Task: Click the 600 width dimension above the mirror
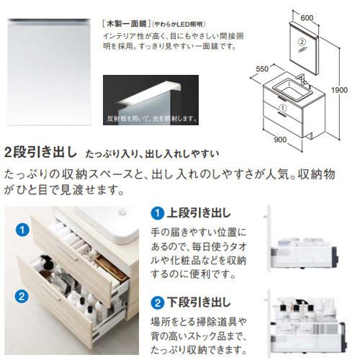tap(307, 18)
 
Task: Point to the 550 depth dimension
tap(262, 69)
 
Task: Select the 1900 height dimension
tap(339, 90)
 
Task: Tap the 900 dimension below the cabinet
tap(280, 140)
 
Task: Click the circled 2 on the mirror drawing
tap(302, 42)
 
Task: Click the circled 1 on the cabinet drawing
tap(283, 108)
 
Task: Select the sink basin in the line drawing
tap(292, 88)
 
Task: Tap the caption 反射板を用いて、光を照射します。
tap(153, 118)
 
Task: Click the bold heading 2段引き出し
tap(40, 153)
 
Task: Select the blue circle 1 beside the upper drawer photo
tap(22, 230)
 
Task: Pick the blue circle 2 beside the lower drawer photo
tap(22, 296)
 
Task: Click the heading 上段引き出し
tap(199, 213)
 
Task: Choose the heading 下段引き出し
tap(199, 302)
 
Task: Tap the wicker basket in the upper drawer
tap(110, 269)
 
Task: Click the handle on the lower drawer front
tap(51, 293)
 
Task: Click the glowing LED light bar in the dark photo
tap(148, 92)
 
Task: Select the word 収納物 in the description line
tap(316, 174)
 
